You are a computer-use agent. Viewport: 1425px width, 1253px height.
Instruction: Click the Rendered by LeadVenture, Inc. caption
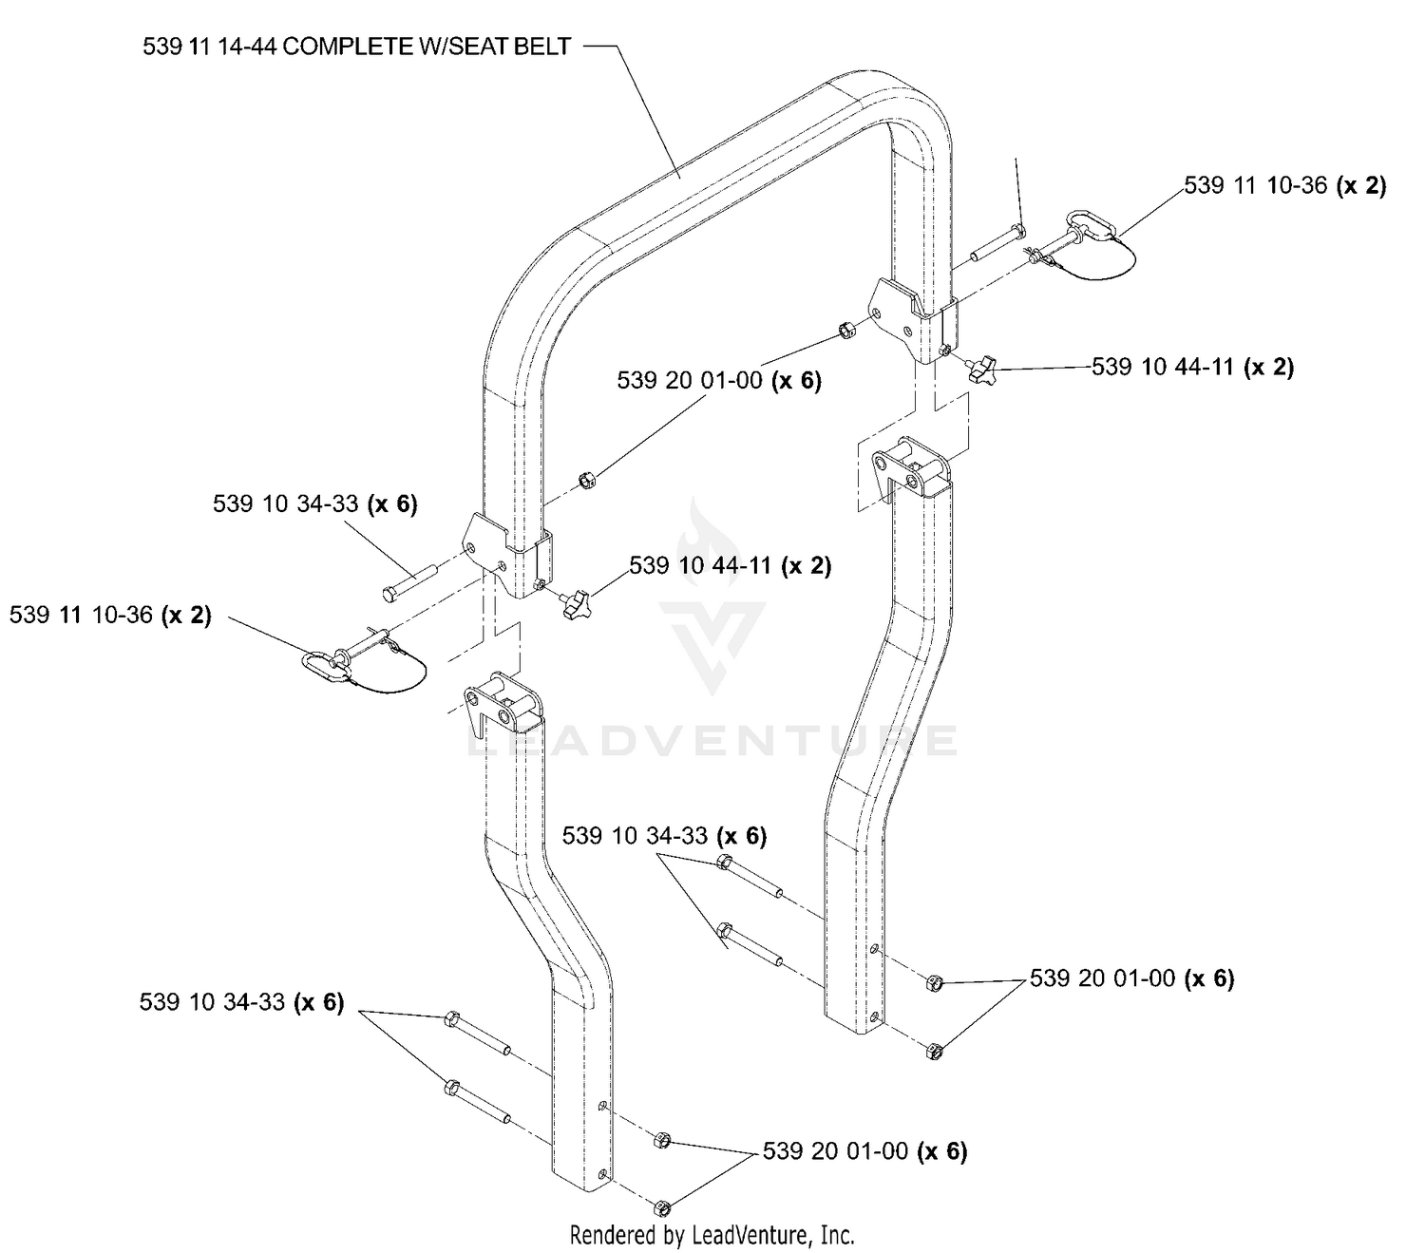[x=712, y=1235]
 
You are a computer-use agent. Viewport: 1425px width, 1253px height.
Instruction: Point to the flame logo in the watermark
[x=708, y=541]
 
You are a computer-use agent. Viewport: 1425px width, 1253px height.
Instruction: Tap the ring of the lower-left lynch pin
[x=325, y=666]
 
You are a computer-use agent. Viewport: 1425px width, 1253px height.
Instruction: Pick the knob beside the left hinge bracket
[x=576, y=605]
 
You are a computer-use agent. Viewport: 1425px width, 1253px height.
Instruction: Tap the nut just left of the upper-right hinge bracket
[x=846, y=330]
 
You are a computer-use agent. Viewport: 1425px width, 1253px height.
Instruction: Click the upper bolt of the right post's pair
[x=749, y=877]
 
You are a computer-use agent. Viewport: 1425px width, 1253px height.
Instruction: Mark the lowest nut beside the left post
[x=661, y=1208]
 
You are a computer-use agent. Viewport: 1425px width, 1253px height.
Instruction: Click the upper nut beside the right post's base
[x=933, y=983]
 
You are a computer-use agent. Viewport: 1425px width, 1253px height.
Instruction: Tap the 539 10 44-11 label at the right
[x=1192, y=367]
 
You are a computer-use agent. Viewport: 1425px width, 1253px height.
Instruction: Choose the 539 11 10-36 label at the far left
[x=110, y=615]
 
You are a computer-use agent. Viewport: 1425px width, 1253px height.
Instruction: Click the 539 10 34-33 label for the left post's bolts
[x=242, y=1002]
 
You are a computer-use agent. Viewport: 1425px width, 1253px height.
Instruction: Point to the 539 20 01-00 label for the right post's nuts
[x=1131, y=978]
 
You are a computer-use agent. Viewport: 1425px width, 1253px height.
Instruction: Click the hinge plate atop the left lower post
[x=503, y=703]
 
